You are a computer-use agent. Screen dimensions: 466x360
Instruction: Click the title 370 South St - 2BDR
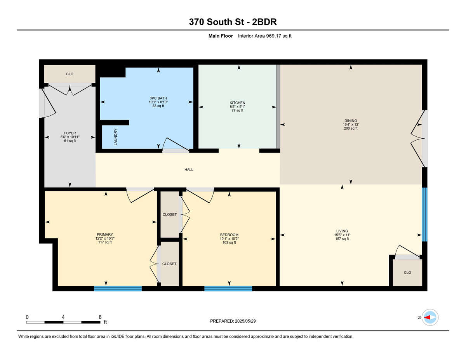click(233, 22)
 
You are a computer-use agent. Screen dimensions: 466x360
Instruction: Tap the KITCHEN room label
click(237, 103)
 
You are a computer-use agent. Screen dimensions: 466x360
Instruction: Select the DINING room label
click(351, 120)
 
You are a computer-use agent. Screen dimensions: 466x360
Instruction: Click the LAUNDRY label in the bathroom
click(116, 137)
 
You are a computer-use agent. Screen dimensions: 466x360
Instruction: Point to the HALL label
click(189, 169)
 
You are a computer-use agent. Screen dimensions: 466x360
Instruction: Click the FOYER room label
click(70, 133)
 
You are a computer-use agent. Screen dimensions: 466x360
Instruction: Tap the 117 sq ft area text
click(104, 242)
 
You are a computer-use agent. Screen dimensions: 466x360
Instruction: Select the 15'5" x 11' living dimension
click(342, 235)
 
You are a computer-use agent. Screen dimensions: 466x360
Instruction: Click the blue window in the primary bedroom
click(118, 289)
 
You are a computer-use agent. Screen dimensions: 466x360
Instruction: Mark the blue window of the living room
click(424, 214)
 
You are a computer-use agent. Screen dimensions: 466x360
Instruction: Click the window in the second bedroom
click(228, 289)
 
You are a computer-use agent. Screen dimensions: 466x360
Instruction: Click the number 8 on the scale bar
click(100, 317)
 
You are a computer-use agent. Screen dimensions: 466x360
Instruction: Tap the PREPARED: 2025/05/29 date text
click(233, 321)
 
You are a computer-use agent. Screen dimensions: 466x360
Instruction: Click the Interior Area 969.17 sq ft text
click(264, 36)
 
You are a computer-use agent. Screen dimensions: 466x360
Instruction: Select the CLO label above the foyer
click(70, 74)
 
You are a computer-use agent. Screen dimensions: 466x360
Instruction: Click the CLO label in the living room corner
click(407, 273)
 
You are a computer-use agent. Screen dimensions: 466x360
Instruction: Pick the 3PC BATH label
click(158, 98)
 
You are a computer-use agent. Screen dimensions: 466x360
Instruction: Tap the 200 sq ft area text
click(351, 128)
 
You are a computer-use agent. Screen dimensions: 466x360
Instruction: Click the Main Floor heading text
click(221, 36)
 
